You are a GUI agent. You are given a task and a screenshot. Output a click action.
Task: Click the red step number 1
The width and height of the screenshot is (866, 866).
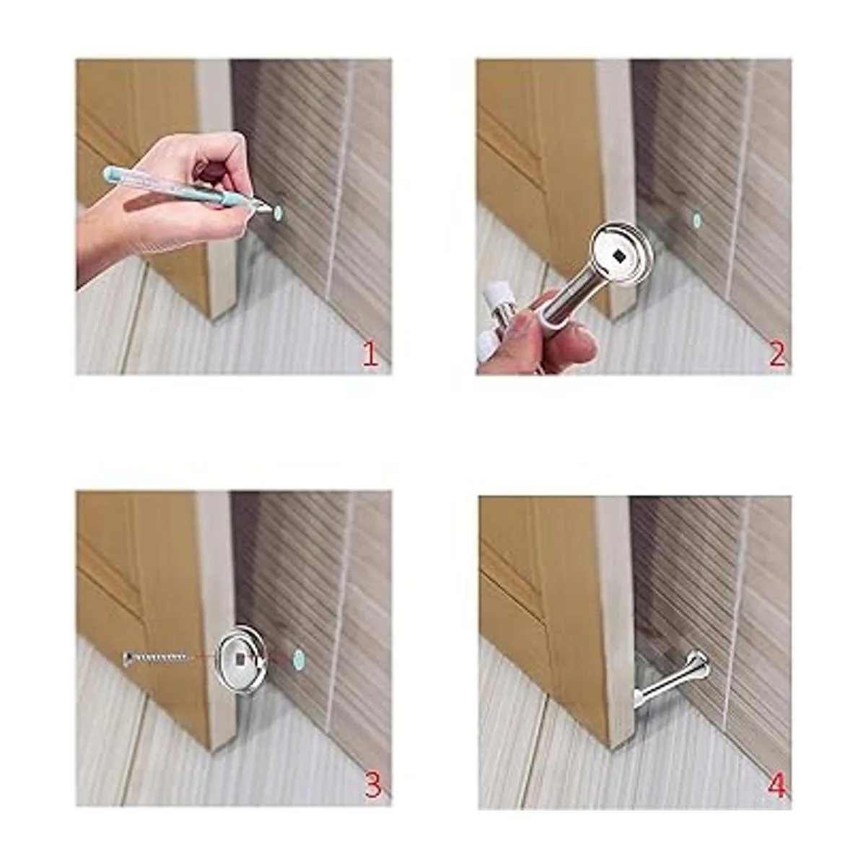370,354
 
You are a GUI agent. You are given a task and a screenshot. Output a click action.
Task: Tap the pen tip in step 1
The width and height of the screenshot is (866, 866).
271,209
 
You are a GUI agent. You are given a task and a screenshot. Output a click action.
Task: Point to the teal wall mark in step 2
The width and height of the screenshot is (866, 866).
696,220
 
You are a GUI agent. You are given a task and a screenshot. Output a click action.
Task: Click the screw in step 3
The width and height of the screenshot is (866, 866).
154,659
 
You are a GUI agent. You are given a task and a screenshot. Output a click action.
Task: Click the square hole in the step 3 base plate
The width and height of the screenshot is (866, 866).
241,659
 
